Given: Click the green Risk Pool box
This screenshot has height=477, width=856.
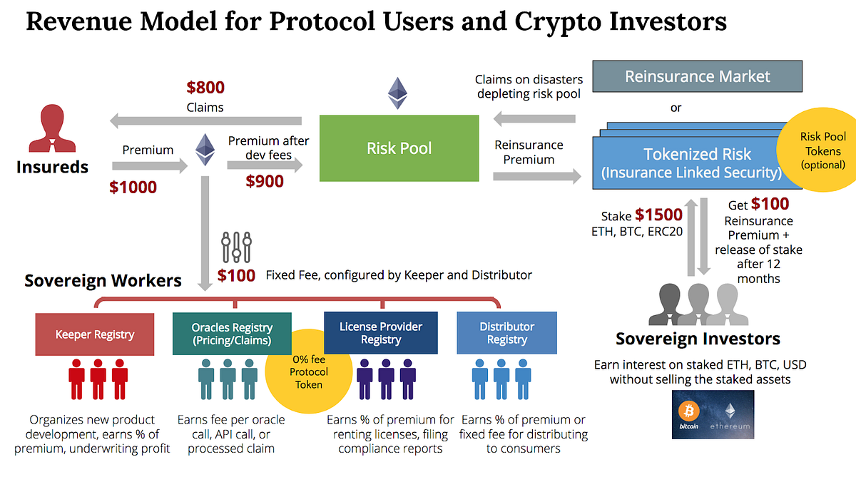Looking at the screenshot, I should tap(399, 148).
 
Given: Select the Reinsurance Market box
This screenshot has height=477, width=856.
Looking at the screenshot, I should tap(697, 76).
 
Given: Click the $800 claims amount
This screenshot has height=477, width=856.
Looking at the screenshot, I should tap(205, 88).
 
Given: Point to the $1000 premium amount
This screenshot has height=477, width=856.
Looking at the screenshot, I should tap(133, 188).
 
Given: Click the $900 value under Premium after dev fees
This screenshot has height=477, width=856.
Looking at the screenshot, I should tap(265, 181).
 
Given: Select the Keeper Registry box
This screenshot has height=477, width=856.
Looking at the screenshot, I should tap(94, 334).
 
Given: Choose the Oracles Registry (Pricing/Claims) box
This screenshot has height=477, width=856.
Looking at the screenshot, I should tap(231, 333).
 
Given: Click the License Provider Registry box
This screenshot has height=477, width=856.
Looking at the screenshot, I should tap(380, 333).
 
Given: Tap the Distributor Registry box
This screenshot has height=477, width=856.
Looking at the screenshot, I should tap(506, 333).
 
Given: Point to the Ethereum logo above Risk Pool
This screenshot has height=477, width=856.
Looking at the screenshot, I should tap(397, 93).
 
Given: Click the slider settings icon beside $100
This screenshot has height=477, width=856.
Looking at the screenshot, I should tap(237, 247).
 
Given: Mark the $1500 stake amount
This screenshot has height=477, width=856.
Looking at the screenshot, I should tap(659, 215).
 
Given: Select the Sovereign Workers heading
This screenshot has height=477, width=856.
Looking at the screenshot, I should tap(103, 280).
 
